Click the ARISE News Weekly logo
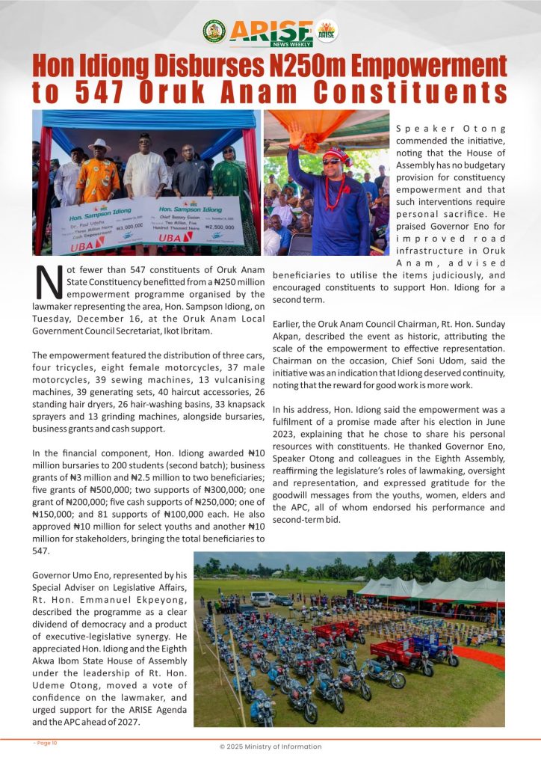click(x=270, y=32)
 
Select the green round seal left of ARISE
click(x=214, y=31)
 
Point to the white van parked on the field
click(x=262, y=598)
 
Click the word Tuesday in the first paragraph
click(x=52, y=318)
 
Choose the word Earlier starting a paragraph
click(x=289, y=324)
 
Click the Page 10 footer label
click(x=46, y=743)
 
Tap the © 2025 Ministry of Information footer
click(x=270, y=747)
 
